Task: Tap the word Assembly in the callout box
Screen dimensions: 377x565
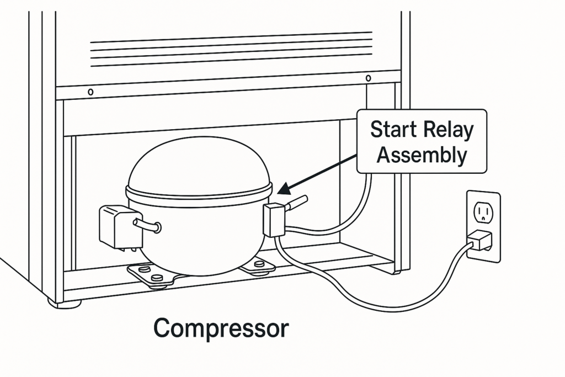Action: pos(421,156)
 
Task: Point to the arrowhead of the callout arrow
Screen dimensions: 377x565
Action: pos(282,191)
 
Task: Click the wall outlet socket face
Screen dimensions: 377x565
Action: pos(483,213)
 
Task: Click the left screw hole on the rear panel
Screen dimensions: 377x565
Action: pos(90,91)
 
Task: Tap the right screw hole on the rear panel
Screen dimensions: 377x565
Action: pos(368,78)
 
